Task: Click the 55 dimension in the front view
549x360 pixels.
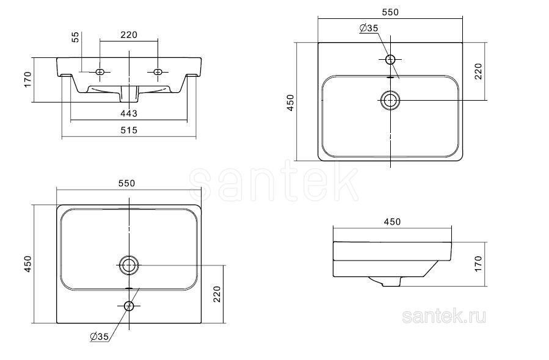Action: click(x=75, y=37)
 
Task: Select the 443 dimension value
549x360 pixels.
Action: click(x=129, y=113)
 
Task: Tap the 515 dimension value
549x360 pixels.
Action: click(x=129, y=130)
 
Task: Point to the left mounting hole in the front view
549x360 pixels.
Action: click(x=100, y=72)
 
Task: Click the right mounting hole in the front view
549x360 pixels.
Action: click(x=158, y=72)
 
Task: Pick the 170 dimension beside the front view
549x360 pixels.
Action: click(x=27, y=79)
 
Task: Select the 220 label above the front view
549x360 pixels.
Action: click(x=129, y=35)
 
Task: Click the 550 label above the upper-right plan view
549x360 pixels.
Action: click(x=390, y=12)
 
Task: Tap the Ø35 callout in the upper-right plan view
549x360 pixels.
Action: click(x=369, y=28)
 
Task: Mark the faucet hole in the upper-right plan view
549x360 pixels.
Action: click(x=390, y=59)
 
